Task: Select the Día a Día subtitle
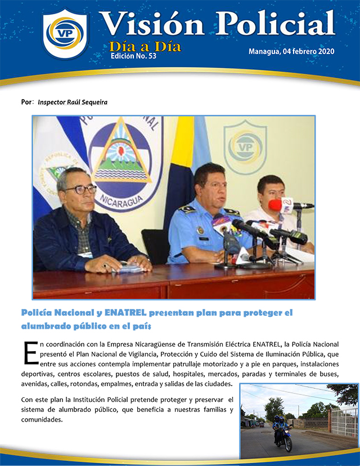(145, 46)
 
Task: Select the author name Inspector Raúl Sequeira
(73, 102)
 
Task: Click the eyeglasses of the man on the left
(80, 190)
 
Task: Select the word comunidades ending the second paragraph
(44, 420)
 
